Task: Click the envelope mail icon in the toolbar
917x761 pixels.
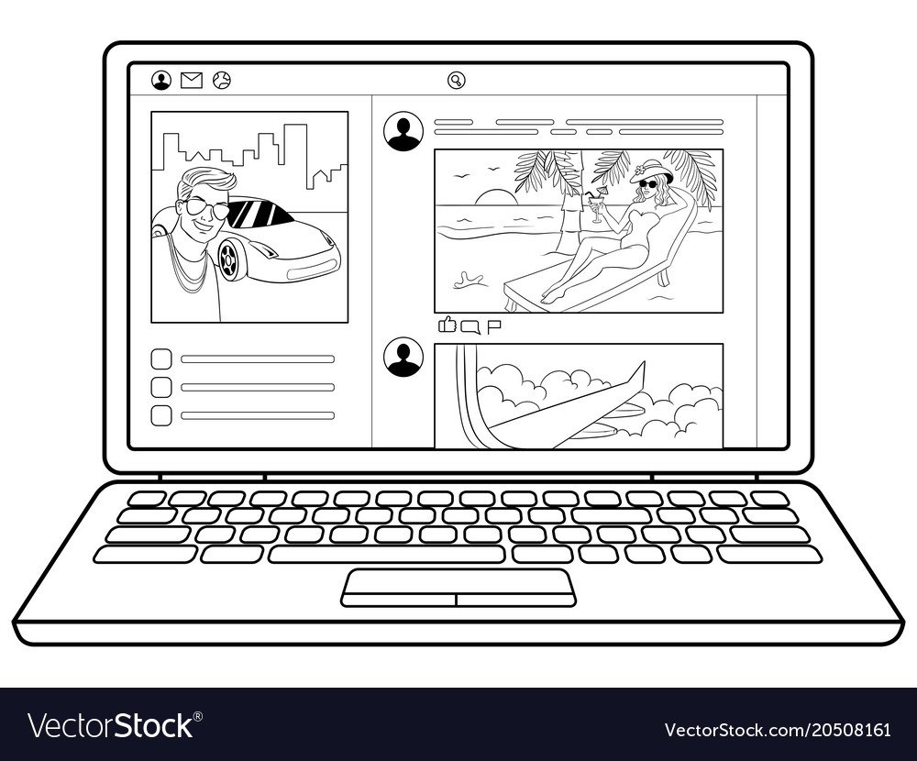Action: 192,80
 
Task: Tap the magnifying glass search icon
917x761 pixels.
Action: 456,80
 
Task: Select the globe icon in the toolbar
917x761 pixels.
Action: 222,80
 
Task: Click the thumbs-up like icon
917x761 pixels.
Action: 447,324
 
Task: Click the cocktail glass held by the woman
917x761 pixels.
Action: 597,206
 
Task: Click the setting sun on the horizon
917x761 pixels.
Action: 496,197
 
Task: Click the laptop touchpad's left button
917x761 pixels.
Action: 400,600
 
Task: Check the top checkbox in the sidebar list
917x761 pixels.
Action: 161,359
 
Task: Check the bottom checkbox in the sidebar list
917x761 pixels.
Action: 161,416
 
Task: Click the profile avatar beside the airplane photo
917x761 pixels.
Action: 403,357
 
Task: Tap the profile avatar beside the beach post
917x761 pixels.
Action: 403,132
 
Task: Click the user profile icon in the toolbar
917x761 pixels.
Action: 161,80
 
